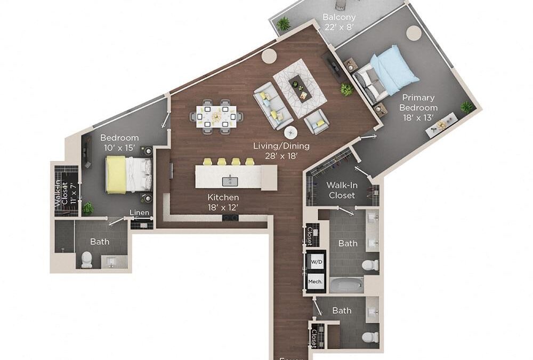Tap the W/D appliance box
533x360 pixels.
point(316,262)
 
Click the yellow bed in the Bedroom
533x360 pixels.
point(116,174)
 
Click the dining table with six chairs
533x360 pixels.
point(216,115)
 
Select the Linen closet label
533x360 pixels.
point(140,213)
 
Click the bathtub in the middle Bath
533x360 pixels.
point(346,285)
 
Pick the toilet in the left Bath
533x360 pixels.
point(86,260)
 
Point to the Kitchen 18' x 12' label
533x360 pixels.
point(223,202)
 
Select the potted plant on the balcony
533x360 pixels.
point(284,23)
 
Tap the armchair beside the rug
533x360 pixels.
point(317,123)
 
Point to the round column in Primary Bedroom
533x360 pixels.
point(414,33)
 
